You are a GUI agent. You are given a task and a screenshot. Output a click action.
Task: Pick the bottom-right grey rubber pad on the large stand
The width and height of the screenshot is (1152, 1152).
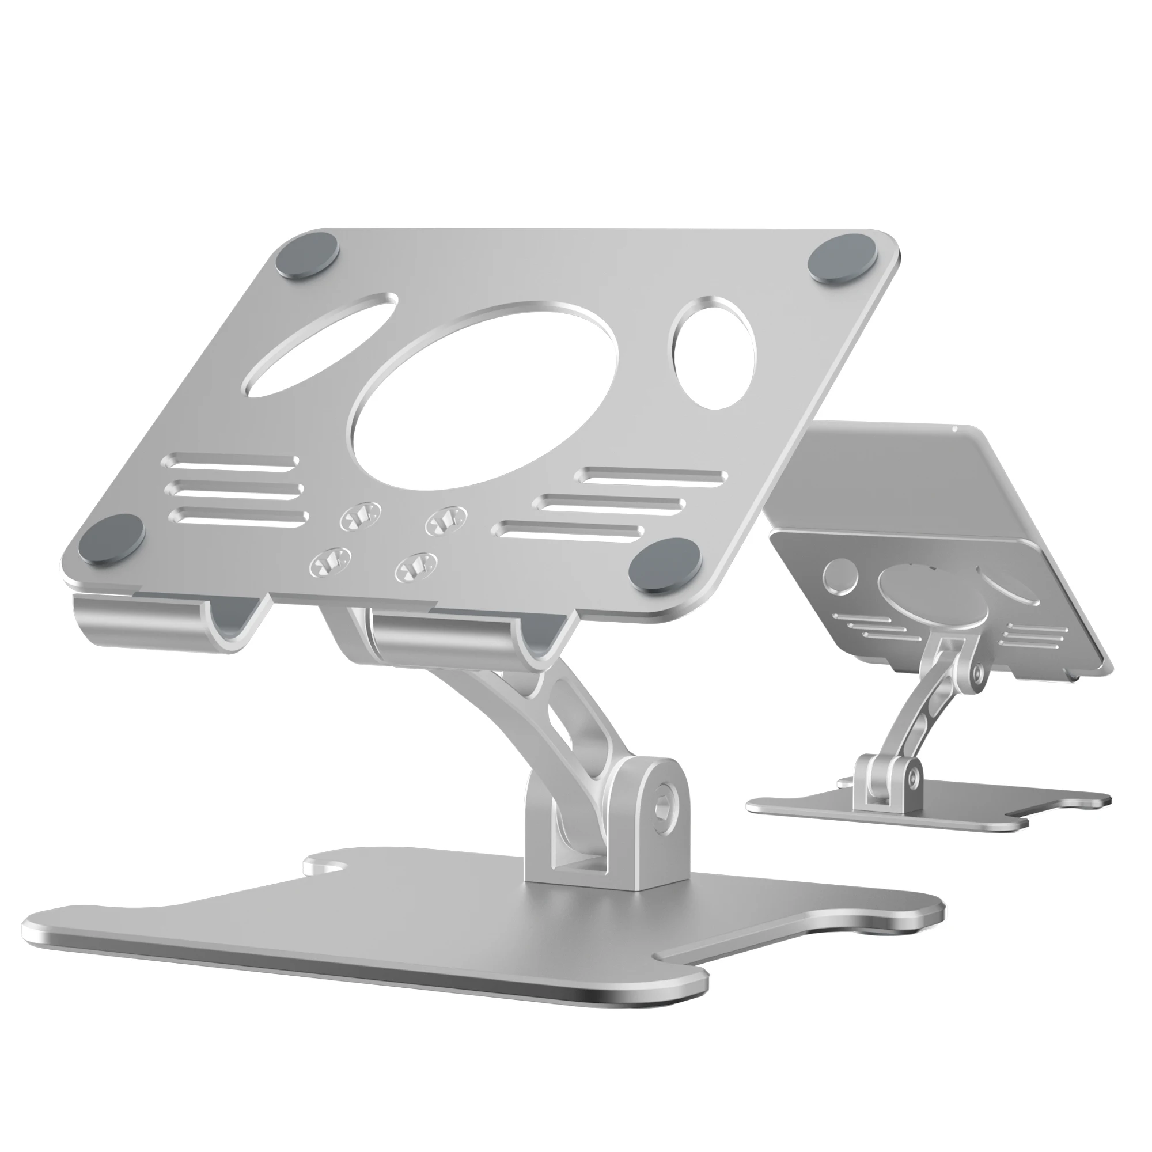(x=664, y=563)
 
